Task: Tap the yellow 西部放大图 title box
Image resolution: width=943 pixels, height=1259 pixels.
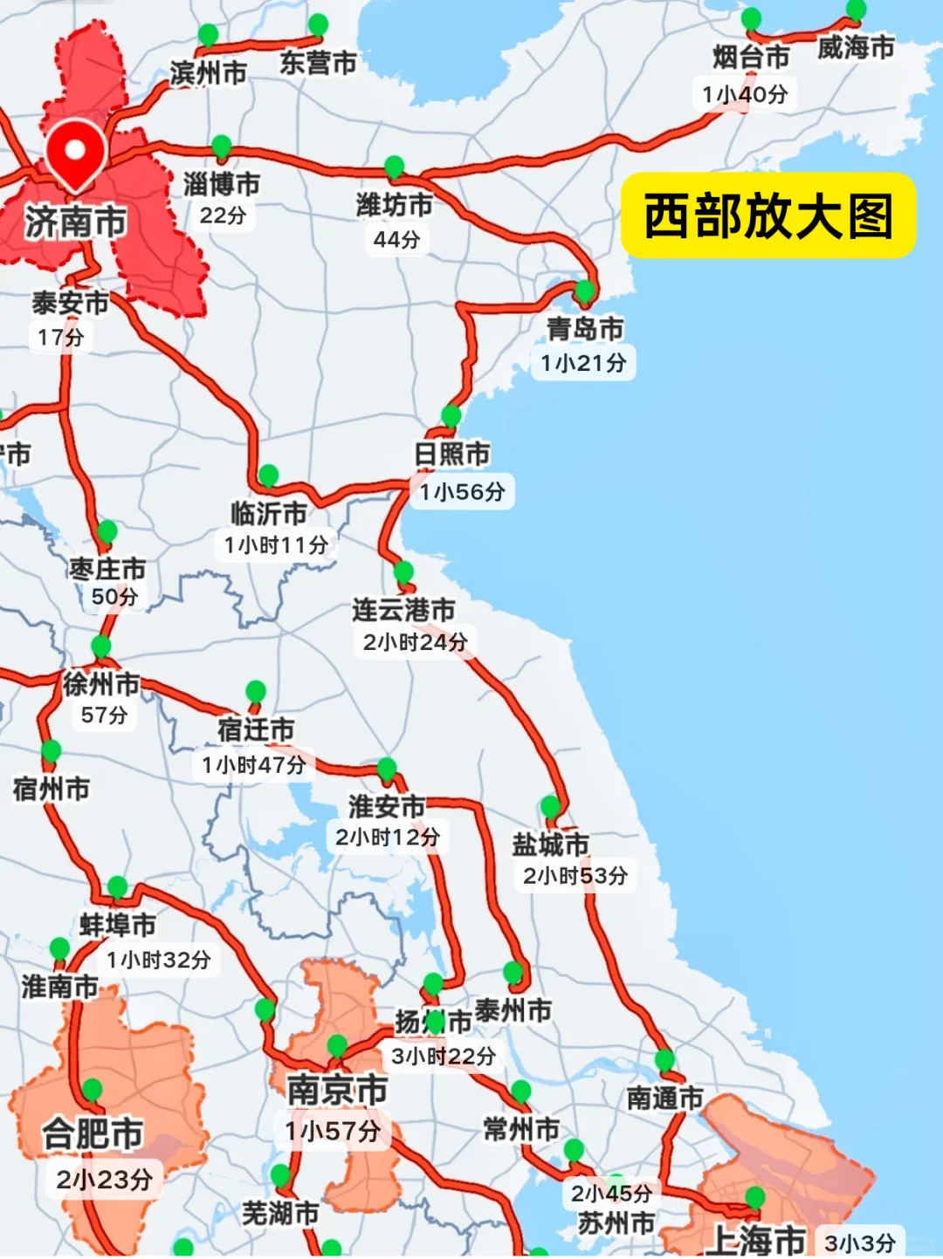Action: (x=767, y=216)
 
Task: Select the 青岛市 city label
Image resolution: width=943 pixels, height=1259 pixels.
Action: (x=585, y=329)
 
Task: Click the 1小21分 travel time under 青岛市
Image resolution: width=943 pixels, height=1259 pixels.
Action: (x=583, y=363)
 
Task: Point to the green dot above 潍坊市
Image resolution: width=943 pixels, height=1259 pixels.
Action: (x=394, y=166)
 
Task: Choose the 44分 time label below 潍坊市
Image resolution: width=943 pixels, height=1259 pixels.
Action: (x=396, y=239)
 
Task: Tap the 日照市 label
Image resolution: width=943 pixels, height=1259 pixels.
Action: (x=451, y=455)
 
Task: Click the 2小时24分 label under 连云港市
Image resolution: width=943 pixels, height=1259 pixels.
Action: (x=415, y=643)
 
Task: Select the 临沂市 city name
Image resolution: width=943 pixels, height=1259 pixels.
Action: (x=268, y=513)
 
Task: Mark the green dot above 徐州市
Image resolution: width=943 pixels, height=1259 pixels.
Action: (x=101, y=647)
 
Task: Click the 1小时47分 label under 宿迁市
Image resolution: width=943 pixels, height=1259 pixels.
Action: (x=254, y=765)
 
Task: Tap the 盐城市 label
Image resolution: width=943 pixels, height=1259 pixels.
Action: (x=550, y=844)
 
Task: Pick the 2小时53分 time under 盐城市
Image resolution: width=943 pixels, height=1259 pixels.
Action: (x=575, y=876)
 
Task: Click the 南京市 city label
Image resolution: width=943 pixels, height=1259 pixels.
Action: (x=337, y=1090)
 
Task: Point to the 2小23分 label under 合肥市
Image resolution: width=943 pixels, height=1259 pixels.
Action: (x=105, y=1180)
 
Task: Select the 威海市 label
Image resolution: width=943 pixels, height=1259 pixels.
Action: (x=856, y=47)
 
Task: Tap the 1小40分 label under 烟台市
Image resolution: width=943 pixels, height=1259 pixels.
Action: (x=745, y=94)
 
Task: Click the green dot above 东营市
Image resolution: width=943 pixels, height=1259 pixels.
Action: (x=318, y=24)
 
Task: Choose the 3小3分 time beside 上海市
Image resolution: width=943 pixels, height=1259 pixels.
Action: (x=860, y=1243)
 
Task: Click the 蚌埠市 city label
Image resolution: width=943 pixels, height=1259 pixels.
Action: (x=118, y=925)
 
